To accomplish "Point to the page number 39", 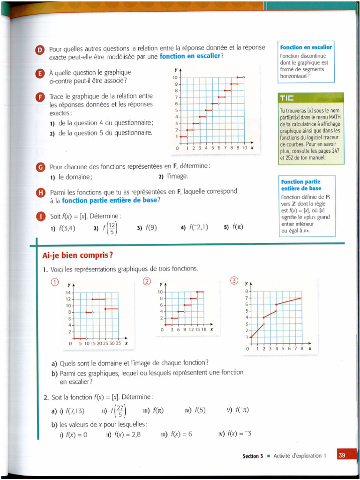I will (x=342, y=456).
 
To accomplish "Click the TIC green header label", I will (x=287, y=98).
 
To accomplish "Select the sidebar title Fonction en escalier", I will (x=306, y=47).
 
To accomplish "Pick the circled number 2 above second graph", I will (x=147, y=281).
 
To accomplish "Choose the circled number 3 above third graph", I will (x=234, y=280).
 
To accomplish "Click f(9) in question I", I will (x=151, y=228).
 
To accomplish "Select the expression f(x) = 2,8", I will (x=127, y=434).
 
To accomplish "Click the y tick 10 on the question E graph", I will (x=175, y=77).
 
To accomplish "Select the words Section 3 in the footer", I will (x=254, y=456).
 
